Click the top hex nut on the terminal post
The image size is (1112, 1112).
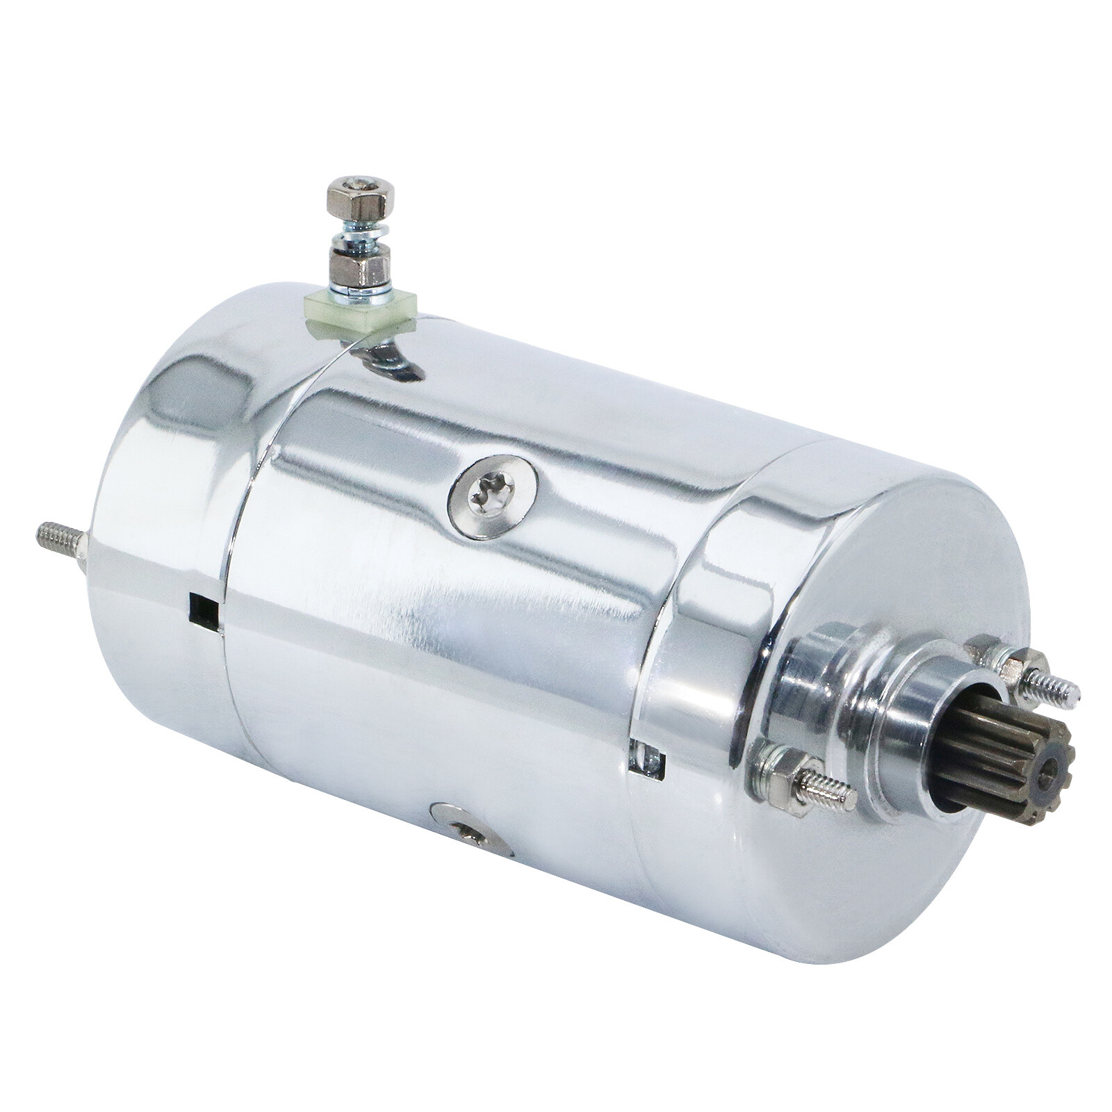pyautogui.click(x=360, y=196)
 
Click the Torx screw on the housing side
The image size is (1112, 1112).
pyautogui.click(x=493, y=496)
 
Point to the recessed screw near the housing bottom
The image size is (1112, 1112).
pyautogui.click(x=471, y=832)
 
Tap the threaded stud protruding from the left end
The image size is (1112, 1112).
pyautogui.click(x=61, y=545)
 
